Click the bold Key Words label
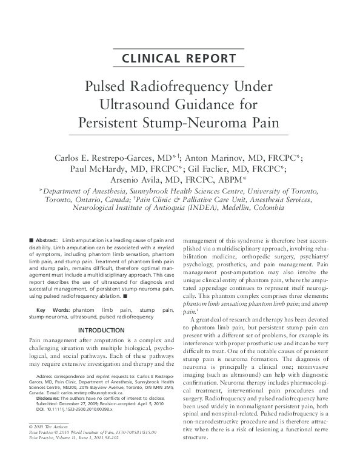click(49, 310)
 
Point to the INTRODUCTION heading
click(101, 330)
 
